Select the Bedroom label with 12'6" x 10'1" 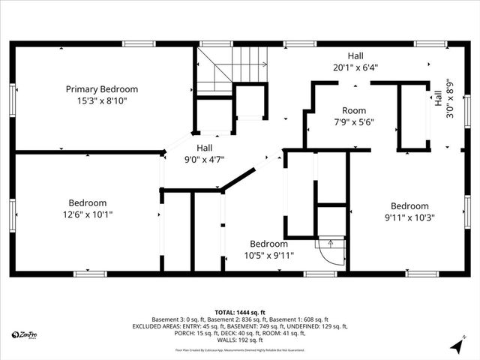(88, 202)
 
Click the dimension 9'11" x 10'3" (409, 217)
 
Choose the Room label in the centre (353, 111)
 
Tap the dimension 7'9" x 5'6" (353, 122)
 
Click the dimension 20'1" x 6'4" (355, 67)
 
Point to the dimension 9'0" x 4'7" (204, 158)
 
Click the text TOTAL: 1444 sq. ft (240, 312)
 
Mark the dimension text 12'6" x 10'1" (88, 214)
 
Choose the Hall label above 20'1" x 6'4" (355, 56)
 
